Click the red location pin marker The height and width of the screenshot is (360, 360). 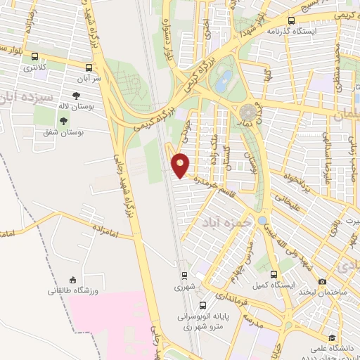tap(181, 165)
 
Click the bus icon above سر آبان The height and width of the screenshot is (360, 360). tap(89, 67)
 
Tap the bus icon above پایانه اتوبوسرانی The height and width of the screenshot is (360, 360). tap(202, 306)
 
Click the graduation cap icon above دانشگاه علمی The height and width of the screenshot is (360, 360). tap(330, 338)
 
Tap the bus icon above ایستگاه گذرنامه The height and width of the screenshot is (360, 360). tap(291, 20)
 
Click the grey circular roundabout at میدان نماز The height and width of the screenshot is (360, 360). tap(247, 111)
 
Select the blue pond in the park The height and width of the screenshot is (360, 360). tap(224, 81)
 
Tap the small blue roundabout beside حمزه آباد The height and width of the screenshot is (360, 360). tap(262, 221)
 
